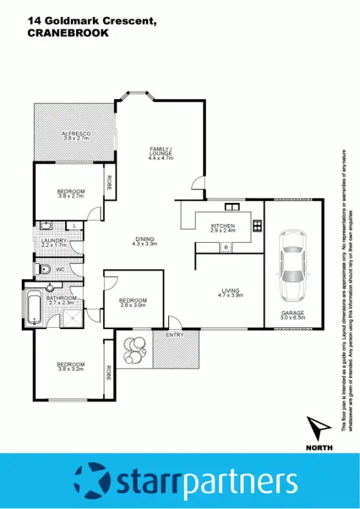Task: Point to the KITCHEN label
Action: tap(223, 226)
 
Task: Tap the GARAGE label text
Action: tap(293, 313)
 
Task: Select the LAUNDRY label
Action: tap(54, 240)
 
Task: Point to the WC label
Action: tap(60, 269)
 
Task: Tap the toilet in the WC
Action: tap(45, 269)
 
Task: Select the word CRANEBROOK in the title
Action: tap(67, 33)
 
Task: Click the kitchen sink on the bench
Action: tap(231, 207)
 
